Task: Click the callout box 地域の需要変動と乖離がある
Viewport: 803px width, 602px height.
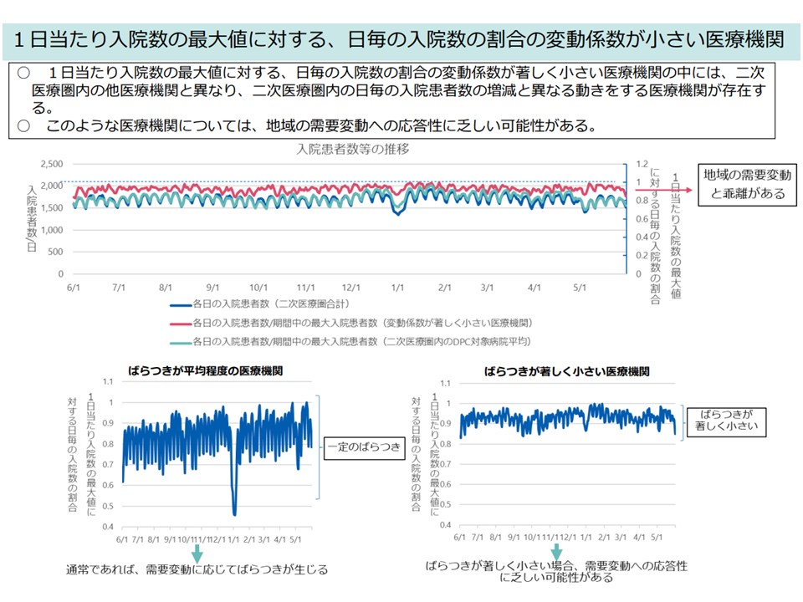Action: click(x=747, y=185)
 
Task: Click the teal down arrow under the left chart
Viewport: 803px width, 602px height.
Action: click(x=197, y=553)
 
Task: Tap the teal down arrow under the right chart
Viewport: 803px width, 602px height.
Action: click(x=557, y=553)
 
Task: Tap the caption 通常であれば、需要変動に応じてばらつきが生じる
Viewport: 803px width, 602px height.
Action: click(x=197, y=570)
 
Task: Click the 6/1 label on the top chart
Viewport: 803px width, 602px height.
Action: click(x=74, y=287)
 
